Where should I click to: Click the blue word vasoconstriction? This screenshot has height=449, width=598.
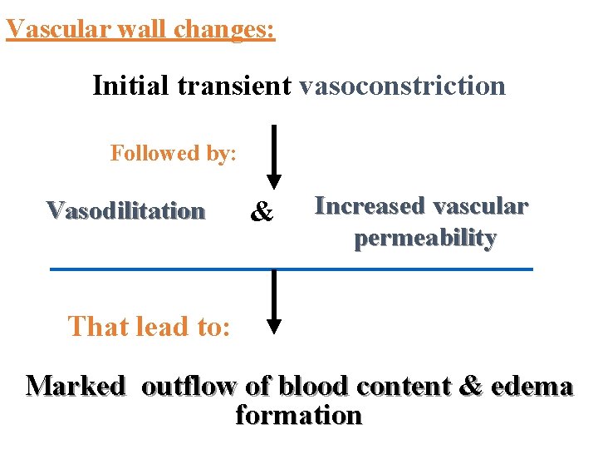click(402, 85)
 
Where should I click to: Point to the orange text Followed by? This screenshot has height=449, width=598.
click(174, 153)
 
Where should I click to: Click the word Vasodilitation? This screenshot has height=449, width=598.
click(125, 210)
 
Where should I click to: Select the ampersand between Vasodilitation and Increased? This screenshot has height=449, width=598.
click(262, 213)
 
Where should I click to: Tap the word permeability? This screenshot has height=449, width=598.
click(425, 238)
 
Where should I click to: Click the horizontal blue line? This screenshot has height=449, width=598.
click(291, 269)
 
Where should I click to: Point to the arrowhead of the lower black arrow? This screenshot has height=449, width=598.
click(273, 326)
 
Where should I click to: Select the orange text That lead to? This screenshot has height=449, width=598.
click(149, 326)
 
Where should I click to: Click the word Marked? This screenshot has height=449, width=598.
click(76, 387)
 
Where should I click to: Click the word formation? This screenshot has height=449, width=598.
click(299, 414)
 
